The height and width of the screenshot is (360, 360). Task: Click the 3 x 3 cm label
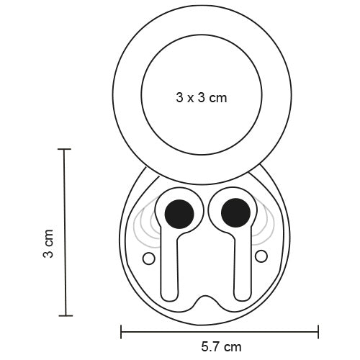tap(201, 97)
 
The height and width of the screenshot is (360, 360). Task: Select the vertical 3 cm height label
tap(48, 244)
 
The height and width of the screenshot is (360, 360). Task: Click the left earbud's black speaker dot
tap(179, 211)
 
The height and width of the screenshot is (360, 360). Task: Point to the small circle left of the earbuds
tap(148, 258)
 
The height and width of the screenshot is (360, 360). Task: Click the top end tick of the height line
tap(64, 150)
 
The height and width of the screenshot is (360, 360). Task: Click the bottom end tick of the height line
tap(64, 315)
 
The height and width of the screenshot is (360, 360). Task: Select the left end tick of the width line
tap(120, 332)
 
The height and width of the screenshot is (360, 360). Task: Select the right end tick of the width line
tap(318, 332)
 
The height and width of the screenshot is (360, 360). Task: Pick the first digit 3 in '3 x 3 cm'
tap(179, 97)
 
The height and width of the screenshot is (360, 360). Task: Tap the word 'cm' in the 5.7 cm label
tap(233, 348)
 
